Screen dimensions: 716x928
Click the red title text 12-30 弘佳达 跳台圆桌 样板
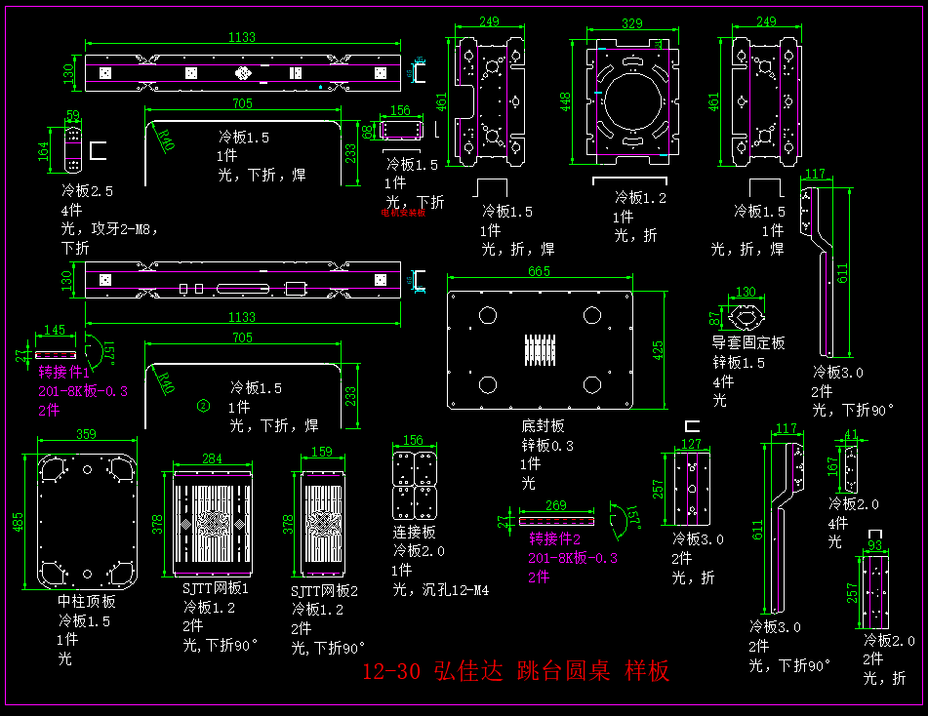click(515, 671)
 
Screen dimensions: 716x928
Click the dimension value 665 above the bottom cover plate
click(539, 271)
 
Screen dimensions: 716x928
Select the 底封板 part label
click(542, 426)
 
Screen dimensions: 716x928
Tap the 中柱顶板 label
click(87, 601)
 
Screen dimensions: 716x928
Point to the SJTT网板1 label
click(216, 589)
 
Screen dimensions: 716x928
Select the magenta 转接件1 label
click(64, 373)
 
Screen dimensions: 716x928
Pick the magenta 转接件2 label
click(555, 538)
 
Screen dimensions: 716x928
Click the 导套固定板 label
click(748, 343)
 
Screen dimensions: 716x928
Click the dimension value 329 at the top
click(632, 22)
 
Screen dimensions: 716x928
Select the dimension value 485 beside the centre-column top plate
click(19, 523)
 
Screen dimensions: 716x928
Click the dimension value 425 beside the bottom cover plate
click(660, 348)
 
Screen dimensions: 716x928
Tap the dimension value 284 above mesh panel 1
click(212, 458)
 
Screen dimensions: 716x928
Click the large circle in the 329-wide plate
click(631, 98)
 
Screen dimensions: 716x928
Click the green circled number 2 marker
click(203, 405)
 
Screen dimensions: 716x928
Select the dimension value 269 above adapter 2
click(555, 505)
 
